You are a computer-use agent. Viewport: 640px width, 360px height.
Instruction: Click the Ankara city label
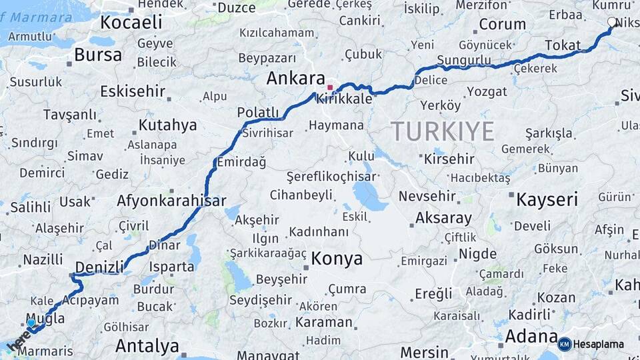pyautogui.click(x=295, y=79)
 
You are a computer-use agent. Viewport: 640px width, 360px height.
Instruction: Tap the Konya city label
pyautogui.click(x=337, y=259)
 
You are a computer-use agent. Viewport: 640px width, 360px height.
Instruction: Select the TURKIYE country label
pyautogui.click(x=442, y=131)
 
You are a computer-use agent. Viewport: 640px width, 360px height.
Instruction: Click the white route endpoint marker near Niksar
pyautogui.click(x=612, y=23)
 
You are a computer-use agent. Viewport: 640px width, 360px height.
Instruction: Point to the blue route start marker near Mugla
pyautogui.click(x=31, y=323)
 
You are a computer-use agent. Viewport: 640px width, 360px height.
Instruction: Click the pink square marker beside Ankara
pyautogui.click(x=329, y=87)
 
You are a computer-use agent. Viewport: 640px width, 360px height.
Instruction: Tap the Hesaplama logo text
pyautogui.click(x=598, y=344)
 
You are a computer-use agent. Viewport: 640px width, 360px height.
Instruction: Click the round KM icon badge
pyautogui.click(x=565, y=344)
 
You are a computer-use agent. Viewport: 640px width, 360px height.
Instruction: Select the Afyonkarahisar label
pyautogui.click(x=171, y=201)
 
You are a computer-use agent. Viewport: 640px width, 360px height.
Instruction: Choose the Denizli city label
pyautogui.click(x=99, y=267)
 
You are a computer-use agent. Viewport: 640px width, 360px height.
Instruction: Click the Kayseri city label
pyautogui.click(x=547, y=199)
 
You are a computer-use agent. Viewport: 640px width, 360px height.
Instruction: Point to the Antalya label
pyautogui.click(x=147, y=346)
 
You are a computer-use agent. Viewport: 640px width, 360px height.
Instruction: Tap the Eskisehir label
pyautogui.click(x=132, y=91)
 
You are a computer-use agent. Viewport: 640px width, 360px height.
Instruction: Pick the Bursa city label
pyautogui.click(x=98, y=55)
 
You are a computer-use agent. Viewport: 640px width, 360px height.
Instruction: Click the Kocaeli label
pyautogui.click(x=131, y=23)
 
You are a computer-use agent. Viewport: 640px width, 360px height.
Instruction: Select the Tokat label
pyautogui.click(x=563, y=45)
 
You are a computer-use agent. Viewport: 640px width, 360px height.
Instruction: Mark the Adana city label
pyautogui.click(x=531, y=335)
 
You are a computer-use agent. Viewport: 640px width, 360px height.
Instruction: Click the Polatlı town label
pyautogui.click(x=258, y=112)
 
